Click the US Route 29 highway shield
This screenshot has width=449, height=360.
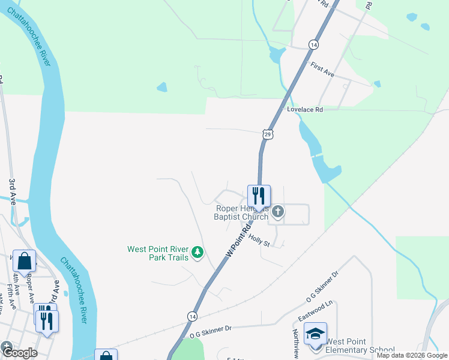(268, 134)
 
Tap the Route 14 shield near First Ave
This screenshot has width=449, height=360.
(313, 44)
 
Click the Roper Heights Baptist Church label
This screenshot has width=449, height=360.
(243, 212)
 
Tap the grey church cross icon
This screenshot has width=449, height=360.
(277, 211)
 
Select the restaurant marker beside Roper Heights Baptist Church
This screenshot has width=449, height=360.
(259, 196)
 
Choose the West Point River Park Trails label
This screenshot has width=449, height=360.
(158, 253)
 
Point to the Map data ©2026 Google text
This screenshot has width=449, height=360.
(412, 355)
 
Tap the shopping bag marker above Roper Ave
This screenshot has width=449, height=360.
(24, 261)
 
